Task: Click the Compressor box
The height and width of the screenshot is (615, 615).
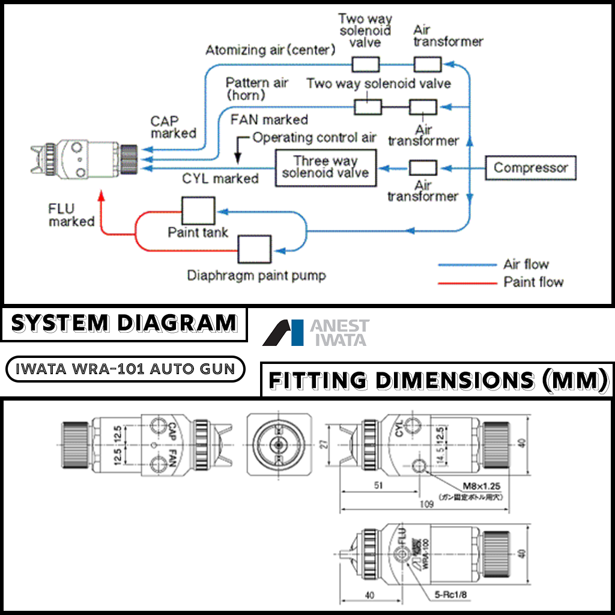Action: pyautogui.click(x=530, y=168)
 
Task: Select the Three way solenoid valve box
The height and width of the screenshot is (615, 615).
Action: pyautogui.click(x=325, y=168)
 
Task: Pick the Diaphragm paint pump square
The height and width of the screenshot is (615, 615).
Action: pyautogui.click(x=255, y=248)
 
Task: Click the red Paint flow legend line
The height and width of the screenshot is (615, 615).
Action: pyautogui.click(x=467, y=282)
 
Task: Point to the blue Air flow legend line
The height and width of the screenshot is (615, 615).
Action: pyautogui.click(x=467, y=265)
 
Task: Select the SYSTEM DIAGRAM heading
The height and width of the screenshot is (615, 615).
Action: pyautogui.click(x=124, y=324)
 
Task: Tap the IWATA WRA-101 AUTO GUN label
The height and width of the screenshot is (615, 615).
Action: pyautogui.click(x=125, y=369)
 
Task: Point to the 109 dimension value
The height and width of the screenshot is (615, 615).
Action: pyautogui.click(x=426, y=504)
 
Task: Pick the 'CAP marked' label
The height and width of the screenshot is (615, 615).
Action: pyautogui.click(x=174, y=127)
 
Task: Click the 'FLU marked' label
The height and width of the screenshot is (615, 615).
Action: pyautogui.click(x=71, y=216)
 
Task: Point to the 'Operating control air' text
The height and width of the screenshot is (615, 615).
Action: pyautogui.click(x=314, y=138)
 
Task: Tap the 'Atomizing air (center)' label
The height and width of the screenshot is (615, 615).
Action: pyautogui.click(x=270, y=50)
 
